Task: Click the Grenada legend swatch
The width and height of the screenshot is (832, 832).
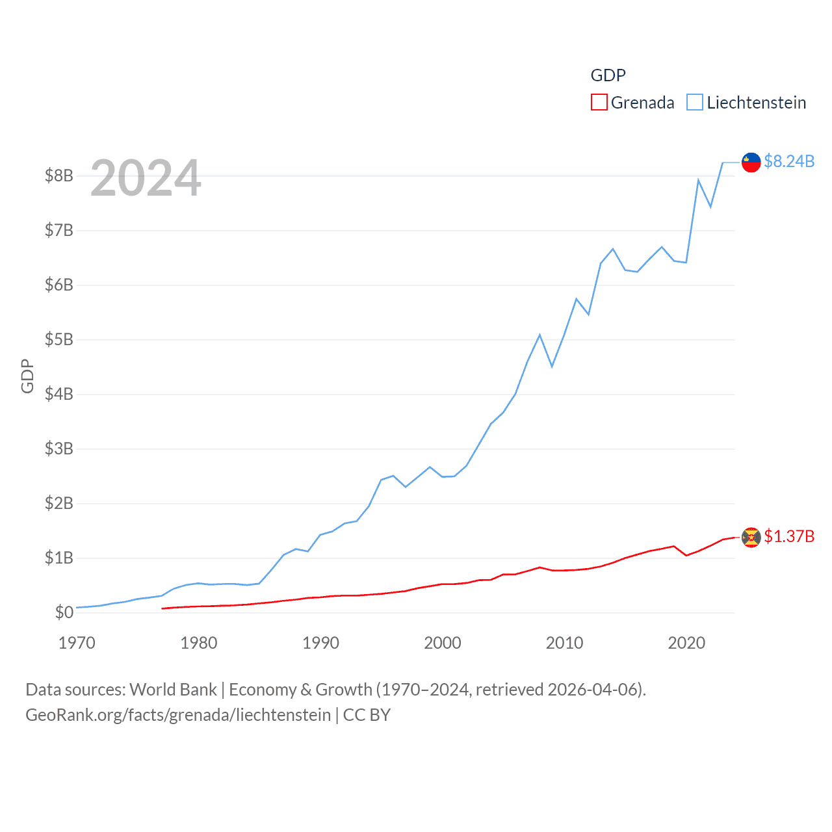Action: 599,103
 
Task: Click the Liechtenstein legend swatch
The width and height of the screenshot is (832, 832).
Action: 695,103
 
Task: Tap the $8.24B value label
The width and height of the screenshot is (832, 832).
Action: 789,161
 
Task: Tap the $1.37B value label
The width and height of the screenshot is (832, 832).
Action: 789,536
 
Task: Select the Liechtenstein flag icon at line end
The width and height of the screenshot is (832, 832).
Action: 751,162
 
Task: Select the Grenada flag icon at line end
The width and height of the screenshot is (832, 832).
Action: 751,538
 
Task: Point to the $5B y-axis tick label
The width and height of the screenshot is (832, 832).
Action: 58,339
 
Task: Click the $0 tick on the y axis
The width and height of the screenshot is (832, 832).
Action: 64,612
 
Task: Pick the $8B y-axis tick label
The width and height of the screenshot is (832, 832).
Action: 58,175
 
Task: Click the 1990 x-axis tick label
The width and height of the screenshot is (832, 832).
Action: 320,643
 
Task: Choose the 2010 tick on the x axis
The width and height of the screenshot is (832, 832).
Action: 564,643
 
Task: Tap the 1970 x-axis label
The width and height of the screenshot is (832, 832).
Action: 77,643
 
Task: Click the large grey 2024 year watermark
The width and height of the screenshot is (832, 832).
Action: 146,178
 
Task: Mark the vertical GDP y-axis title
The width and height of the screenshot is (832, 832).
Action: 27,376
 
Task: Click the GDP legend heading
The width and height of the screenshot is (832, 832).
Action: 608,75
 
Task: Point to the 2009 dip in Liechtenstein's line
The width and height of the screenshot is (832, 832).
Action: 552,366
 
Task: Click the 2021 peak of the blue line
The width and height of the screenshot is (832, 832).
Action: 698,180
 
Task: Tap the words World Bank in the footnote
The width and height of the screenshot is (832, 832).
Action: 173,690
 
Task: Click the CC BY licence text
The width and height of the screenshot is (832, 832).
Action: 367,715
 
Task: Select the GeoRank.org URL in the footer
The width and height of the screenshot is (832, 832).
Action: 178,715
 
